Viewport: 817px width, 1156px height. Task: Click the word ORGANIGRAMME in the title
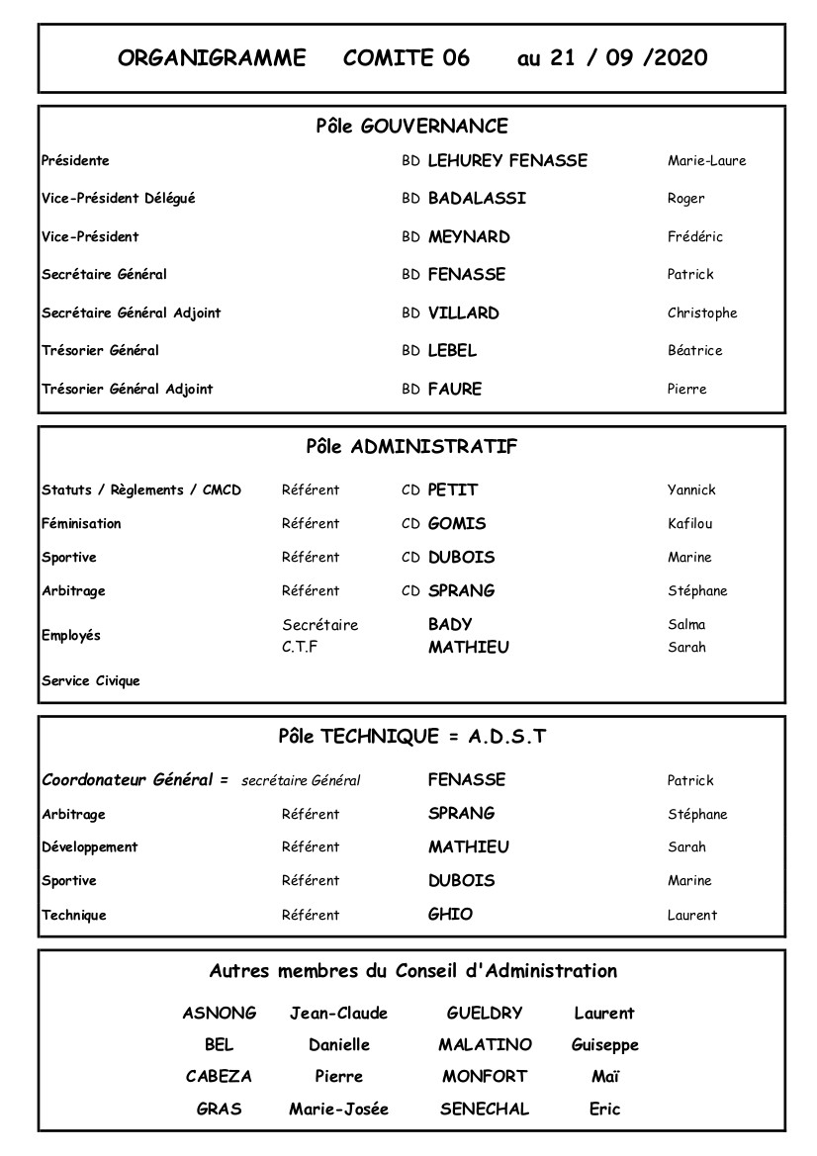212,57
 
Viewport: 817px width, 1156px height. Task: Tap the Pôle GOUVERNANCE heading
411,127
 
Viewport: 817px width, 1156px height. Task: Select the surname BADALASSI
477,198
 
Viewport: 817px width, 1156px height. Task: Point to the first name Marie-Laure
706,160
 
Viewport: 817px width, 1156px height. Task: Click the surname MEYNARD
469,236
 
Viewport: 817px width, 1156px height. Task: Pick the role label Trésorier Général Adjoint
128,389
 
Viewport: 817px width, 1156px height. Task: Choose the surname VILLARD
463,312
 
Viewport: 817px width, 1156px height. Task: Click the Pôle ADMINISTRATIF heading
411,446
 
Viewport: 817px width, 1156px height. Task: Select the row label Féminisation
81,523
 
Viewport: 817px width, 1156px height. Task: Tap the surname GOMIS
457,523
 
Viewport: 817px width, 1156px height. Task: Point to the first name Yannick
691,489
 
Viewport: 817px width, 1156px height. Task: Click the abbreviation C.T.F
300,648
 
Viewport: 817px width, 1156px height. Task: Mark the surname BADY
450,624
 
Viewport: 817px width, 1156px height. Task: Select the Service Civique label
91,680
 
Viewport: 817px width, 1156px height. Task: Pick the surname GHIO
450,914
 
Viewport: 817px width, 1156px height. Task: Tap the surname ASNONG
220,1013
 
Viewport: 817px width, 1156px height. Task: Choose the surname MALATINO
485,1044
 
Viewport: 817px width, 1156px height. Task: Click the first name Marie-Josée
338,1109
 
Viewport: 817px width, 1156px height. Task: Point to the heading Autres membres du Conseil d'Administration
412,971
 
